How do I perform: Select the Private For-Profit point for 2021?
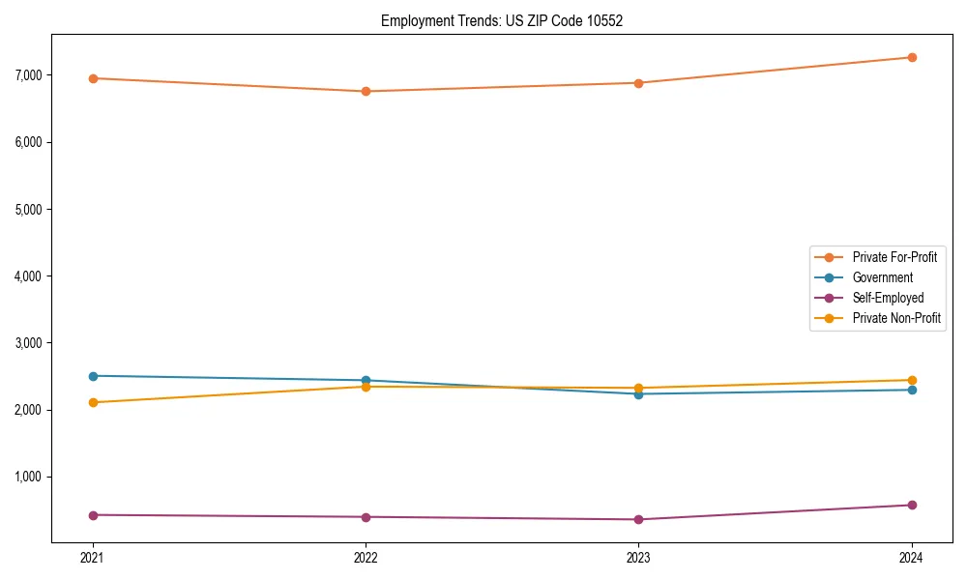pos(93,78)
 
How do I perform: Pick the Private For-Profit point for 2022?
pos(366,91)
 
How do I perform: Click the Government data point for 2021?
pos(93,376)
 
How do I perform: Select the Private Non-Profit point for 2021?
pos(93,402)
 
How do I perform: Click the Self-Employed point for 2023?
pos(638,519)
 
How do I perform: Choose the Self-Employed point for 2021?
pos(93,515)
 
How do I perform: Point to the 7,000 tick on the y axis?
pos(29,75)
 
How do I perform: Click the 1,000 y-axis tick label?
pos(29,477)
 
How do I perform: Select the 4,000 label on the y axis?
pos(29,276)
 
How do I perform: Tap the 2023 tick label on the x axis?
pos(638,558)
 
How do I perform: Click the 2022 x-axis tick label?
pos(366,558)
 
